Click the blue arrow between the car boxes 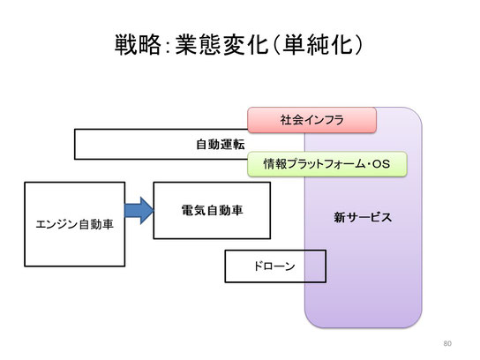point(139,211)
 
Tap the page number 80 point(447,343)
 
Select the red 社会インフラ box point(311,120)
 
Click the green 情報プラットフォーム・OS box point(327,164)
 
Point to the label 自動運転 point(221,144)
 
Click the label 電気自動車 point(212,210)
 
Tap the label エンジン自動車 point(75,224)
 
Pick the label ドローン point(274,266)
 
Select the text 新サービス point(363,217)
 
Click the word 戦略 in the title point(138,45)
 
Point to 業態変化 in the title point(222,45)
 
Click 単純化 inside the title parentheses point(317,45)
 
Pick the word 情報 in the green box point(275,164)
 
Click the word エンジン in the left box point(56,224)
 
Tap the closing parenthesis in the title point(358,45)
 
